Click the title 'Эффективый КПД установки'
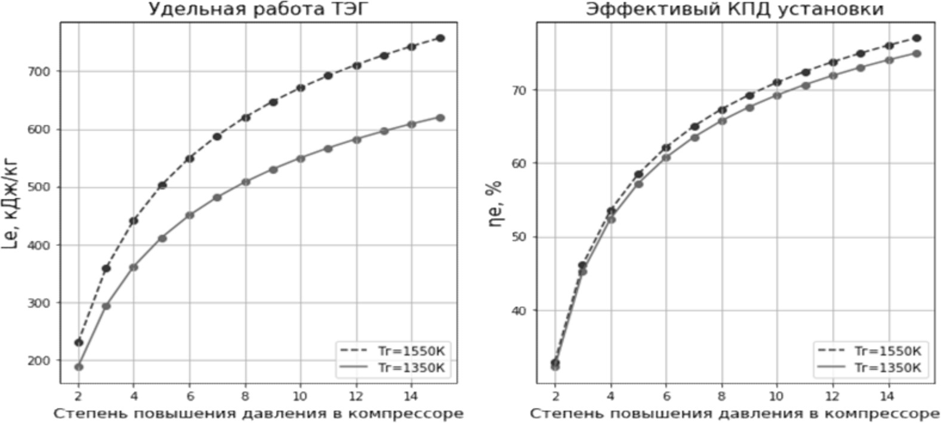[734, 10]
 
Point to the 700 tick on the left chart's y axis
[44, 71]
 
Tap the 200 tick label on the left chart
[44, 360]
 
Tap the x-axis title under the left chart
[258, 413]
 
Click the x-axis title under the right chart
[735, 413]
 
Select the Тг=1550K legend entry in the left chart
[394, 350]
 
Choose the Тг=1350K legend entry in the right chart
[871, 367]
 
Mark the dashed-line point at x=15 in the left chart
[440, 38]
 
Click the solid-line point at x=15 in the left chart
[440, 118]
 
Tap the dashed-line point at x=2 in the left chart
[78, 342]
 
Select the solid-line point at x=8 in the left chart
[245, 182]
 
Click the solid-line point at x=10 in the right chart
[777, 96]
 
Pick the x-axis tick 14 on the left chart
[411, 395]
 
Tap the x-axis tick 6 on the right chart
[666, 395]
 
